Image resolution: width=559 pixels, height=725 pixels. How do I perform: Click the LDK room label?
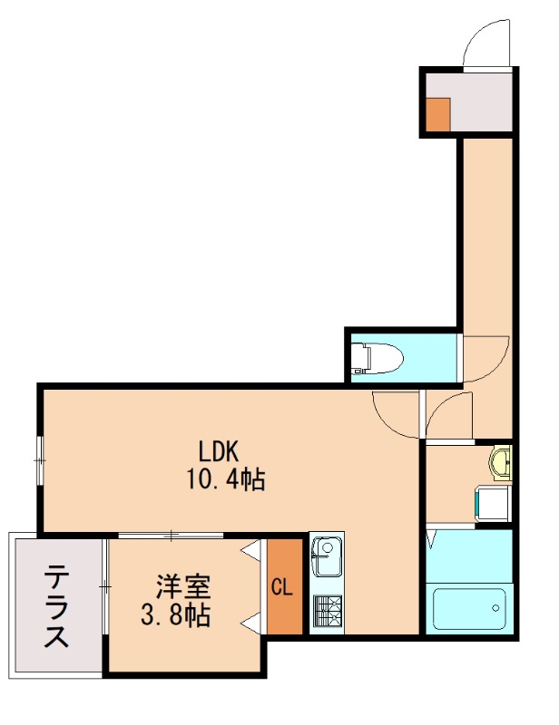[x=219, y=450]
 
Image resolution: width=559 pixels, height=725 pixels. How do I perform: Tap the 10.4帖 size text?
[x=226, y=479]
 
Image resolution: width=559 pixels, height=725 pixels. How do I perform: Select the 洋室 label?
[x=177, y=585]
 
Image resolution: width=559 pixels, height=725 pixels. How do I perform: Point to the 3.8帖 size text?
[x=175, y=616]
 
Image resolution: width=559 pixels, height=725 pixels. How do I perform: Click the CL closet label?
[x=281, y=586]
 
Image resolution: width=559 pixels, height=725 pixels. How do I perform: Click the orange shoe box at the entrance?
[x=438, y=112]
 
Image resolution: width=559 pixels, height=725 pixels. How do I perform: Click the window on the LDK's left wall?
[x=40, y=459]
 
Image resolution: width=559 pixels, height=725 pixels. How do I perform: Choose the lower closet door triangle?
[x=252, y=622]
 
